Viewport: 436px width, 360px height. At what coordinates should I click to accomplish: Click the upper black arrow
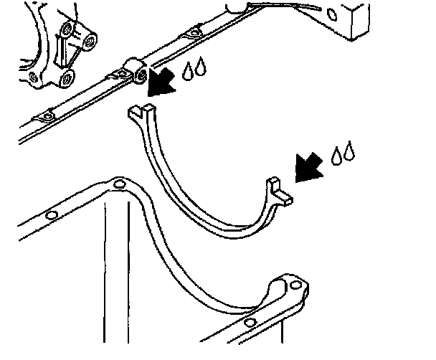point(161,80)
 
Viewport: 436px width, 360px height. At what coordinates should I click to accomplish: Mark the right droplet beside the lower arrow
point(350,152)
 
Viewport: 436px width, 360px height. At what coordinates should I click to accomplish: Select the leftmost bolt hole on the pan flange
point(50,216)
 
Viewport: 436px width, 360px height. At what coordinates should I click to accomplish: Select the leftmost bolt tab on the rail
point(47,116)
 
